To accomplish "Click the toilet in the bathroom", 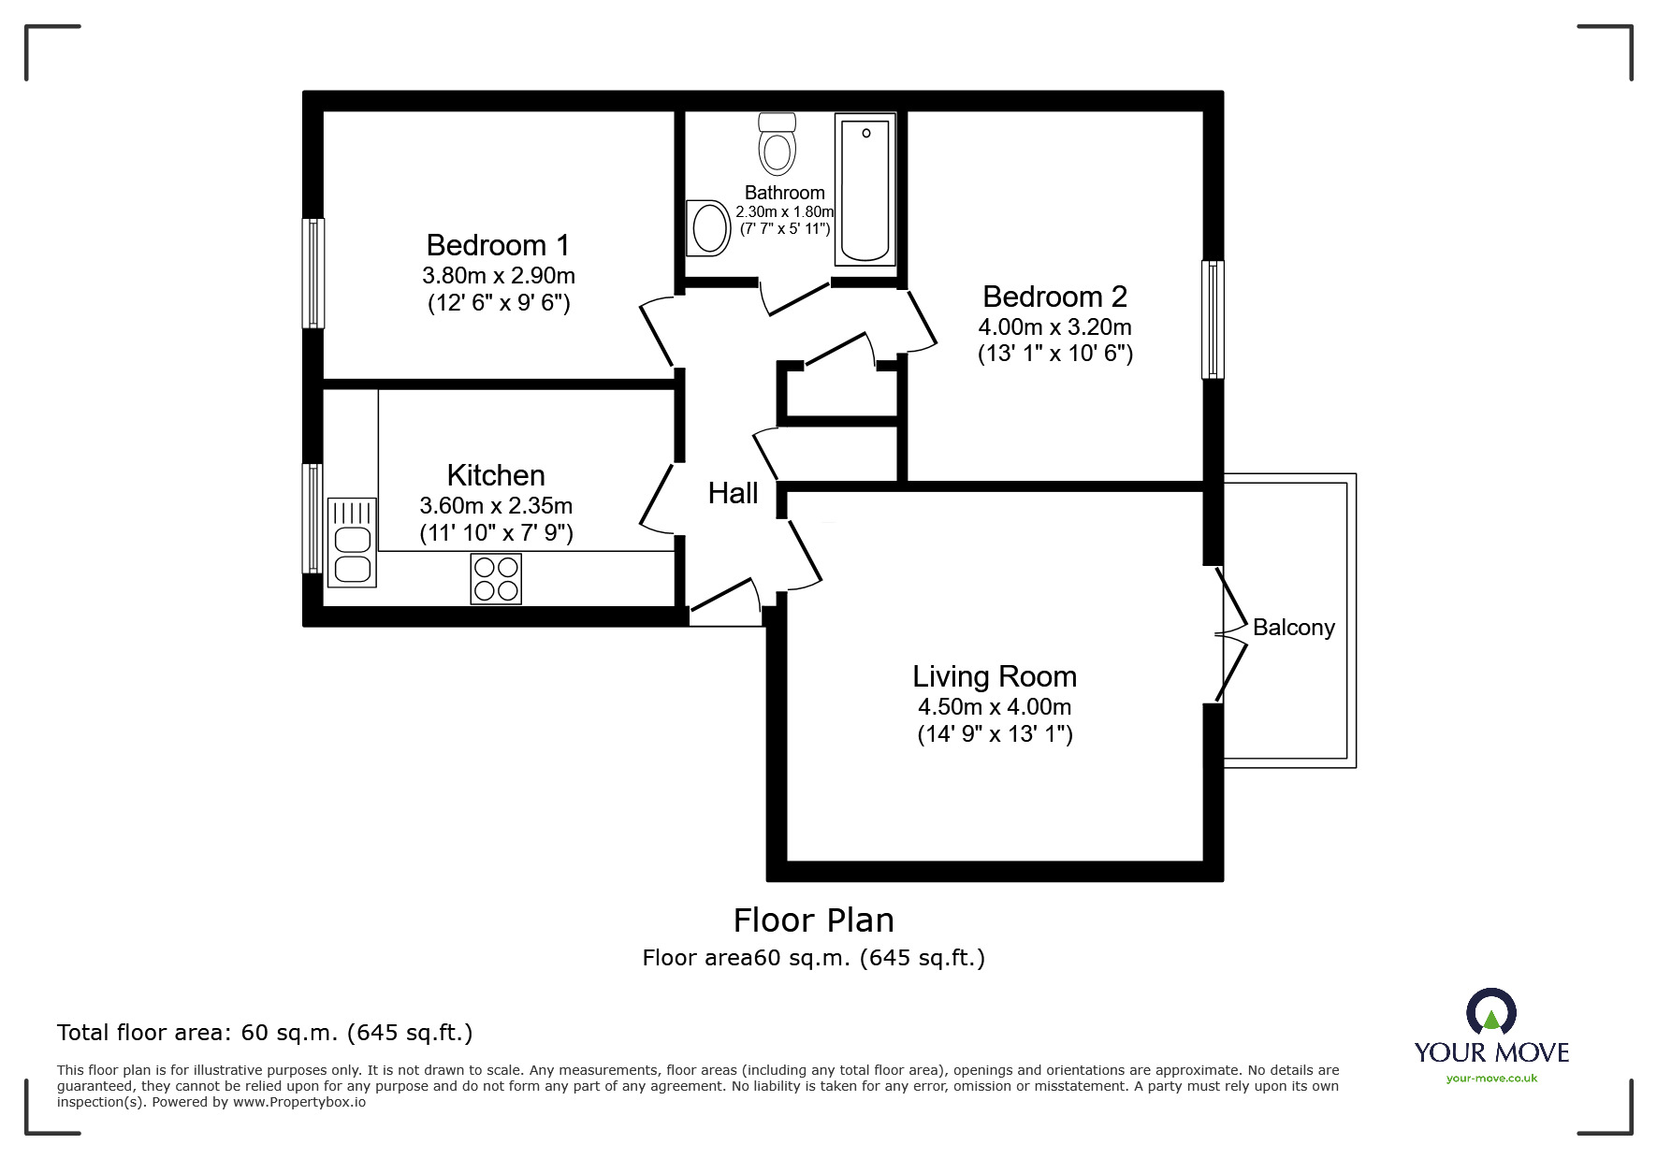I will (x=777, y=145).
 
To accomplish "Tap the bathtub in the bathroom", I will (x=865, y=190).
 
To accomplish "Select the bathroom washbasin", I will (x=708, y=227).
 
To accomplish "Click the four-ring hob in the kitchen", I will (x=496, y=579).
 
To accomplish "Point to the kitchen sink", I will (x=352, y=543).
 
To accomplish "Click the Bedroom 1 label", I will (x=497, y=245).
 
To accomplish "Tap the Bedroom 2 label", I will (x=1054, y=297).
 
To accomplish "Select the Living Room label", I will (x=995, y=676).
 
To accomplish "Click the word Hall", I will (x=733, y=493).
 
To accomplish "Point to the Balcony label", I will (x=1293, y=628).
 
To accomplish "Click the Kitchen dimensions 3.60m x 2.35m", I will (x=496, y=506).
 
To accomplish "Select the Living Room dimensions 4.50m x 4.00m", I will (x=995, y=707).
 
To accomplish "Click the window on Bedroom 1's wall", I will (x=313, y=273).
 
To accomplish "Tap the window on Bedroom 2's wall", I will (x=1213, y=320).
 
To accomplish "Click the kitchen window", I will (x=313, y=518).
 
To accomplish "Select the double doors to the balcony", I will (x=1231, y=634).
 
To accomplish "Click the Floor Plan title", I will (x=813, y=920).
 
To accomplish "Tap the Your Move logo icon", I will (x=1490, y=1012).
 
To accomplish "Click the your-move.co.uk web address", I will (x=1491, y=1079).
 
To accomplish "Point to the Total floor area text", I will (x=265, y=1033).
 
